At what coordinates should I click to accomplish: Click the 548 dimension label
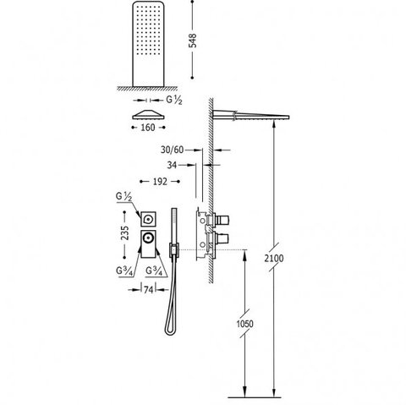coord(193,41)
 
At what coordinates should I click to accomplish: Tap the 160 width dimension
coord(148,128)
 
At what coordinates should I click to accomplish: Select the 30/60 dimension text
coord(172,150)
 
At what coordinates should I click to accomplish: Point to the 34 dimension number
coord(172,165)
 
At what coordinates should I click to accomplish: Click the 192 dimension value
coord(160,182)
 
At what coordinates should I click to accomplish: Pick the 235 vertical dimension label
coord(124,233)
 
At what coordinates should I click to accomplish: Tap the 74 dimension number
coord(148,290)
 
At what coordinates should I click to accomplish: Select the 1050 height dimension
coord(244,324)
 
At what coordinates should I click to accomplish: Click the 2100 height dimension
coord(274,258)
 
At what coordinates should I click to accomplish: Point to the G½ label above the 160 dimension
coord(174,100)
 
